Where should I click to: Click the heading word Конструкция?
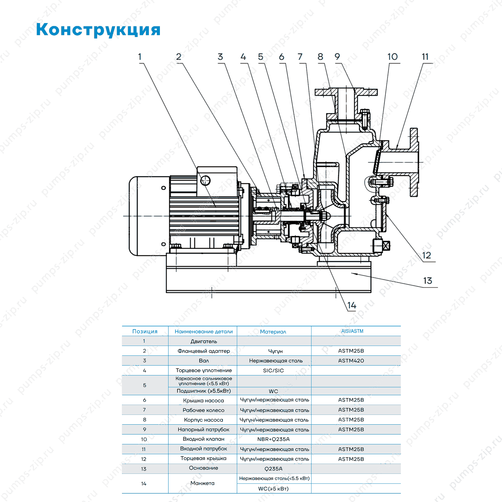[98, 30]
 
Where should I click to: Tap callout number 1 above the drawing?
[140, 57]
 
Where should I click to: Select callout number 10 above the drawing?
[392, 57]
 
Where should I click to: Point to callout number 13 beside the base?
[427, 281]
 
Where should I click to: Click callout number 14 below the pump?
[352, 305]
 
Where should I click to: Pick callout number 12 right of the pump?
[426, 255]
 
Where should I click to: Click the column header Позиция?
[145, 331]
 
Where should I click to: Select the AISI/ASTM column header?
[352, 331]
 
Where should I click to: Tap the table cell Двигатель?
[204, 341]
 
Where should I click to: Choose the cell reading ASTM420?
[351, 361]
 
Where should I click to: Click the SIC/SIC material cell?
[273, 370]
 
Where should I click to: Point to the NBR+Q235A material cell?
[273, 439]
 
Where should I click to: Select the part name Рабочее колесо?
[204, 410]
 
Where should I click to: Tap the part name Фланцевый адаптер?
[204, 351]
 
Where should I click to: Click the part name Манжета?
[202, 483]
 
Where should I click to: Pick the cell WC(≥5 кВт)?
[273, 489]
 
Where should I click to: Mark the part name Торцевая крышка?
[204, 458]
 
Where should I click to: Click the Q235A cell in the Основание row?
[273, 469]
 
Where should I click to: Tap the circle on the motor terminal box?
[205, 180]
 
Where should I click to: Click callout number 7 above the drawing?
[300, 57]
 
